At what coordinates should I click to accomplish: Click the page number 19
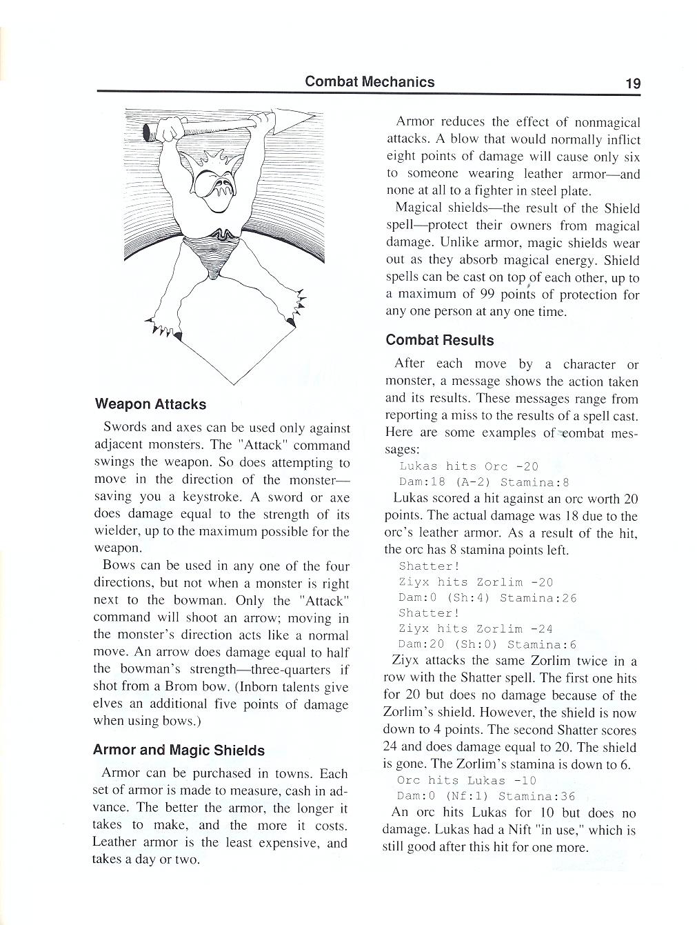(x=633, y=83)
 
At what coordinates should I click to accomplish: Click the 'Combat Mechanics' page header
(x=370, y=81)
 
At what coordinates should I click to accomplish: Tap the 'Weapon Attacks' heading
(x=150, y=404)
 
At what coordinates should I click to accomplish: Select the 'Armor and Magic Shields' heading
(x=179, y=750)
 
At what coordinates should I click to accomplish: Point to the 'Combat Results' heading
(x=440, y=340)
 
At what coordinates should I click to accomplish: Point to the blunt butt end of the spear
(x=148, y=133)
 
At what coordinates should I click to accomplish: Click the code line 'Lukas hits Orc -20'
(x=469, y=466)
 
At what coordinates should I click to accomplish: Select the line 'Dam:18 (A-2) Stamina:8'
(x=476, y=482)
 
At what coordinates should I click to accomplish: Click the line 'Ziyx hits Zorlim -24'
(x=476, y=628)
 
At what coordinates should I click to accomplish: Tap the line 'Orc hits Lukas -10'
(x=466, y=780)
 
